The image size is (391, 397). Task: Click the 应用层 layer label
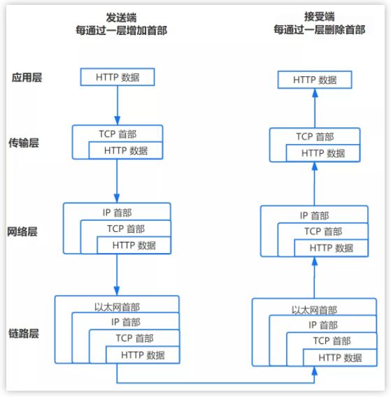click(x=27, y=78)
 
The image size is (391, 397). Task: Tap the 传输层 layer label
click(x=24, y=143)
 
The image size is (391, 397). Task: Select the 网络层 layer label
click(x=22, y=231)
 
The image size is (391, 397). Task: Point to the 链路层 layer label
click(x=24, y=333)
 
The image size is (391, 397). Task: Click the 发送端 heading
click(x=121, y=17)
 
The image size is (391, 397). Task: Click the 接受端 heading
click(x=319, y=17)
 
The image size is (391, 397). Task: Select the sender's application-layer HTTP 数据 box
click(x=118, y=77)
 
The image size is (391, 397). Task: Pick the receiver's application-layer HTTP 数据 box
click(x=315, y=80)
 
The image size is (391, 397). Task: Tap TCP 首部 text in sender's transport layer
click(x=118, y=134)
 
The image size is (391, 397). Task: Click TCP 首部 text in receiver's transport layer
click(x=315, y=137)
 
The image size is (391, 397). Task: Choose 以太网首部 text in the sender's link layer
click(x=117, y=307)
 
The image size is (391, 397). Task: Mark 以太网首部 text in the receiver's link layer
click(x=314, y=310)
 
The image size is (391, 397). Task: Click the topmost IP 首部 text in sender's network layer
click(x=117, y=212)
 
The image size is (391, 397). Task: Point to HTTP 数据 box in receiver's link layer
click(x=340, y=357)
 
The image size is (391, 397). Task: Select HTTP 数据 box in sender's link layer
click(x=143, y=355)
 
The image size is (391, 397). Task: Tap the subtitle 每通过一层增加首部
click(x=122, y=30)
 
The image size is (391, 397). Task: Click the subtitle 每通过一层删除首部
click(x=320, y=29)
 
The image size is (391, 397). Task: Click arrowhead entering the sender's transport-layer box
click(x=118, y=120)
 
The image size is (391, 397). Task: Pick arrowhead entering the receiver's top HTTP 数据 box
click(x=315, y=93)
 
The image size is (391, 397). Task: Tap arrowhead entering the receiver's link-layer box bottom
click(x=315, y=371)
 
